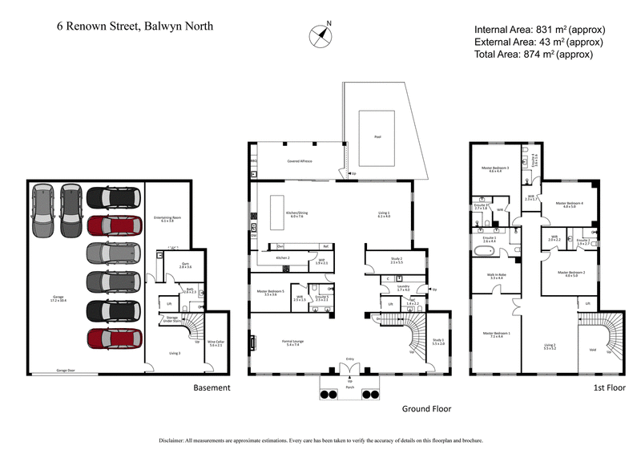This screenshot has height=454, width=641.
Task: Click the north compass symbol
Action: pyautogui.click(x=320, y=35)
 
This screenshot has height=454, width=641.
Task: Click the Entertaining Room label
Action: pyautogui.click(x=167, y=218)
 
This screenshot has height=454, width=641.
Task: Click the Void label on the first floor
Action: pyautogui.click(x=592, y=349)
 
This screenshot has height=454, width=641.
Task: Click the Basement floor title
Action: pyautogui.click(x=212, y=387)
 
